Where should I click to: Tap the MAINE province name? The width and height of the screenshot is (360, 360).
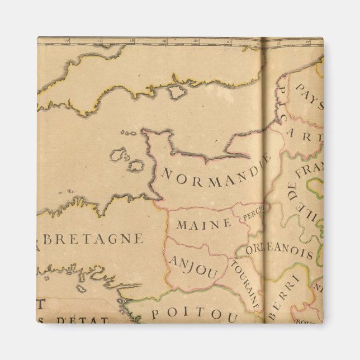tap(203, 224)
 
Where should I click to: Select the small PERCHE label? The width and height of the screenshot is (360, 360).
tap(252, 212)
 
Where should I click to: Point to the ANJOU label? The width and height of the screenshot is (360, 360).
tap(193, 268)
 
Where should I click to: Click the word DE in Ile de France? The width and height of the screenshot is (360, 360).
tap(291, 193)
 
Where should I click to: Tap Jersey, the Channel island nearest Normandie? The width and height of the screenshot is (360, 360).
tap(136, 166)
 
